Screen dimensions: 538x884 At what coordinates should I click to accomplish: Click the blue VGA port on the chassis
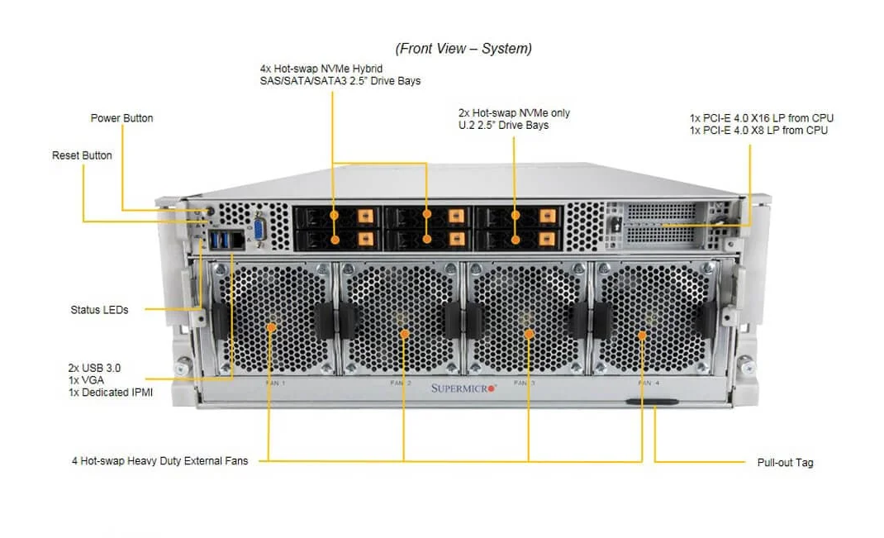tap(259, 230)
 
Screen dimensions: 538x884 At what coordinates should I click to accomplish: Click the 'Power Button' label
tap(121, 118)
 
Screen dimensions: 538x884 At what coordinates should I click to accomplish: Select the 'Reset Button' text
tap(82, 155)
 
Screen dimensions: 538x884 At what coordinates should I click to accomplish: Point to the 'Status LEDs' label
tap(99, 310)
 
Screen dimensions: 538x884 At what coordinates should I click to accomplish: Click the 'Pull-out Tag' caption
tap(785, 463)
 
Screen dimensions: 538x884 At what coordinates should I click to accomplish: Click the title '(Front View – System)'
tap(463, 49)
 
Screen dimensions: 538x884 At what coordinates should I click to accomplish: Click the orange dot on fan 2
tap(404, 334)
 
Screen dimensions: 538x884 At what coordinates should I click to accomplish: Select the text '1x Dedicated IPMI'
tap(111, 393)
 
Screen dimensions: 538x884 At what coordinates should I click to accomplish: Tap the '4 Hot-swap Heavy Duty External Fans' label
tap(159, 460)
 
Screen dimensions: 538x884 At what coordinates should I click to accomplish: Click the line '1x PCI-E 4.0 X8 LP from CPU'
tap(758, 130)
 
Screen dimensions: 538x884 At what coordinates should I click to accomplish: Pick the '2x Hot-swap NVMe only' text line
tap(514, 112)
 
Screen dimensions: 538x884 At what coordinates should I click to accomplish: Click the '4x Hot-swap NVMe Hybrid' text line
tap(321, 68)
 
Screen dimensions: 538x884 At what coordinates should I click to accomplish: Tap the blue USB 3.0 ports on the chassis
tap(221, 240)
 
